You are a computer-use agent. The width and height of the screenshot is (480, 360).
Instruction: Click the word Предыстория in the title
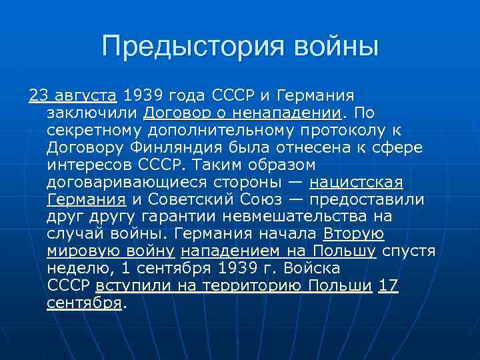[x=177, y=47]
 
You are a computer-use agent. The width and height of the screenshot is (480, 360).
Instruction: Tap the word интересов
[x=86, y=164]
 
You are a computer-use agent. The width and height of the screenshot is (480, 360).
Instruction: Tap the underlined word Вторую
[x=353, y=233]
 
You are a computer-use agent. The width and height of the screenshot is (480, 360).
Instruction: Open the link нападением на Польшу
[x=279, y=251]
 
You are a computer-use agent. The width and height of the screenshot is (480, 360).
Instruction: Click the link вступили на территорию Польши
[x=234, y=286]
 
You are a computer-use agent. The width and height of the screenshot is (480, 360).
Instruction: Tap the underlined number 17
[x=388, y=286]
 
